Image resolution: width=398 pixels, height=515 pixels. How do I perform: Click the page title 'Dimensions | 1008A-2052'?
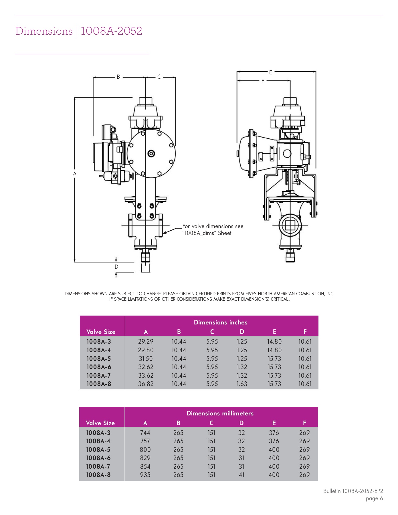[x=79, y=31]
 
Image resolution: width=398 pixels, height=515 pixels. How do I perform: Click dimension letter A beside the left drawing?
[x=75, y=174]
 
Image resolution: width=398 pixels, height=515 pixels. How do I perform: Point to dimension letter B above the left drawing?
[x=118, y=77]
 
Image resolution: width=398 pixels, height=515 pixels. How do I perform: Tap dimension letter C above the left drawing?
[x=159, y=77]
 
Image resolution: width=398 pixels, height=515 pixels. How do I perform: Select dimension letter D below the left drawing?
[x=116, y=267]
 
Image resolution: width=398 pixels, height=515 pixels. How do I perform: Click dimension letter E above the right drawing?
[x=271, y=72]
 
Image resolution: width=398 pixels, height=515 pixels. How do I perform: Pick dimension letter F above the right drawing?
[x=263, y=81]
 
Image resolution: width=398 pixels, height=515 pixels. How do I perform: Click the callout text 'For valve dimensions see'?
[x=213, y=226]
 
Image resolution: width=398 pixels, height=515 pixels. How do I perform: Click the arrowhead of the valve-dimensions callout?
[x=164, y=233]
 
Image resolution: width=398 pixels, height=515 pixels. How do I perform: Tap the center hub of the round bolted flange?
[x=151, y=154]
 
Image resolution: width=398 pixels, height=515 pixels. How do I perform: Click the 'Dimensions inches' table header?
[x=221, y=322]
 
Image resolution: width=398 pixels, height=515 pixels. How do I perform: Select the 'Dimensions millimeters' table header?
[x=220, y=413]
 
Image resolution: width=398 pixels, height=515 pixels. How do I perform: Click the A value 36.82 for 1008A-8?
[x=146, y=384]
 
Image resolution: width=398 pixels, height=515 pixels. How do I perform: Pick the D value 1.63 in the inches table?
[x=242, y=384]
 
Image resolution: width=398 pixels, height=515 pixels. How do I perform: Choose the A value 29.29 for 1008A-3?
[x=146, y=341]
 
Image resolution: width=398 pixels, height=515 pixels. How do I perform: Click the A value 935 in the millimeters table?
[x=145, y=475]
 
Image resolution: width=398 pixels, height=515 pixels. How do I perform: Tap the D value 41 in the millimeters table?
[x=241, y=475]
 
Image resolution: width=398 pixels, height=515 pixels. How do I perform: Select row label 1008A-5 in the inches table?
[x=99, y=358]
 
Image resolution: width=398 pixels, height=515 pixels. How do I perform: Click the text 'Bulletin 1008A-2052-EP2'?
[x=353, y=491]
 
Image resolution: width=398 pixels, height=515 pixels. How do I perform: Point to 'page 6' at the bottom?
[x=374, y=498]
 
